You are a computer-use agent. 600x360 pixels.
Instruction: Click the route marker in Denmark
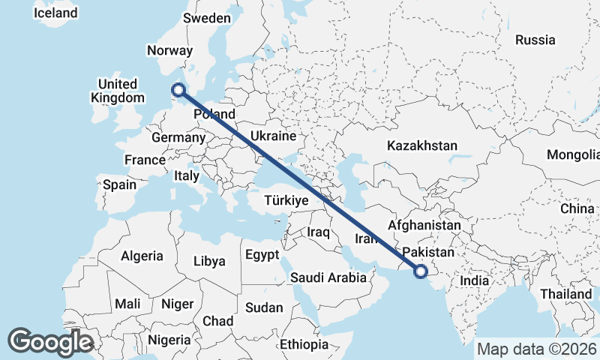pyautogui.click(x=178, y=91)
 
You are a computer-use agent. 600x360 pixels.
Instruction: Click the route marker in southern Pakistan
pyautogui.click(x=420, y=271)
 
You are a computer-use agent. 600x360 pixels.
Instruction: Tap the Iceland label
pyautogui.click(x=55, y=13)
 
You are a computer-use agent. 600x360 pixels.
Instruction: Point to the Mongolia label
pyautogui.click(x=574, y=155)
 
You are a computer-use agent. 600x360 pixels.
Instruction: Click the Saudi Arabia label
pyautogui.click(x=329, y=277)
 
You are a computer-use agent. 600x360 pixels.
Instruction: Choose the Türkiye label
pyautogui.click(x=286, y=201)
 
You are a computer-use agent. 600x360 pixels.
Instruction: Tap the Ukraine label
pyautogui.click(x=273, y=136)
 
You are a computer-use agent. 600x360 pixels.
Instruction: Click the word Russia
pyautogui.click(x=535, y=40)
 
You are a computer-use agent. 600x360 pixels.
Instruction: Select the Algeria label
pyautogui.click(x=142, y=256)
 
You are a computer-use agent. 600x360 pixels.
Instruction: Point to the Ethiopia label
pyautogui.click(x=304, y=344)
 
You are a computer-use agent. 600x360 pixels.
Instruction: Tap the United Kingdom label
pyautogui.click(x=117, y=91)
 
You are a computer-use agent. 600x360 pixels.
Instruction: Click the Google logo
pyautogui.click(x=50, y=341)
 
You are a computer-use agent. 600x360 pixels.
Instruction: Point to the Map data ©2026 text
pyautogui.click(x=537, y=349)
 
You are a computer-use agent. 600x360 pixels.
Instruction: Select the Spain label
pyautogui.click(x=119, y=184)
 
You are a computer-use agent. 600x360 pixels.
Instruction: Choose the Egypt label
pyautogui.click(x=262, y=255)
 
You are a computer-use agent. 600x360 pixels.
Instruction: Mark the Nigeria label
pyautogui.click(x=169, y=340)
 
